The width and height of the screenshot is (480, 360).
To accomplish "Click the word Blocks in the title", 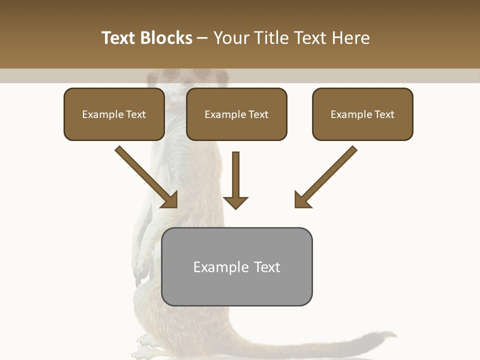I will pos(166,38).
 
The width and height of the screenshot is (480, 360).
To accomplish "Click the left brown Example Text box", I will pos(114,114).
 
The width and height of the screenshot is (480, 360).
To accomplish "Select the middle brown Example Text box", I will pos(236,114).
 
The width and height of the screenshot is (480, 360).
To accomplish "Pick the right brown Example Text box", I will pos(362,114).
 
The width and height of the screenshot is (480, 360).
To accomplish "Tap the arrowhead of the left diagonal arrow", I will pos(170,200).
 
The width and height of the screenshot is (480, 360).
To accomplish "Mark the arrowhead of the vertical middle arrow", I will pos(235,202).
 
